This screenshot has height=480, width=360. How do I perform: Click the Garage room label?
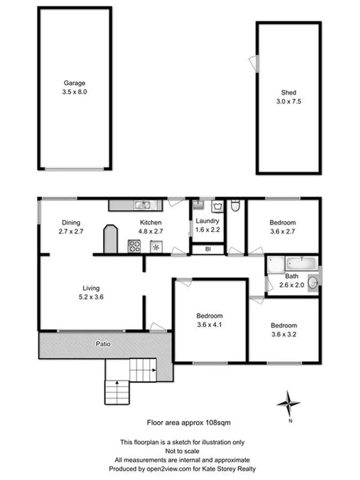[x=74, y=82]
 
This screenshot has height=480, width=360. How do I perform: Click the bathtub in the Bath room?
[x=291, y=264]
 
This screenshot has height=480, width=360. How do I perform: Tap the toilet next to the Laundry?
[x=236, y=205]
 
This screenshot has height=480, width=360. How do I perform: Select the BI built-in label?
[x=207, y=249]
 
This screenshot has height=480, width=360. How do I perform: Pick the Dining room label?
[x=71, y=222]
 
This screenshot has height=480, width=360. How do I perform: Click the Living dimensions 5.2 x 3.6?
[x=89, y=297]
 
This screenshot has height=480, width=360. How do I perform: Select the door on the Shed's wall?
[x=256, y=61]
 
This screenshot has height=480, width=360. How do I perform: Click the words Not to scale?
[x=182, y=450]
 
